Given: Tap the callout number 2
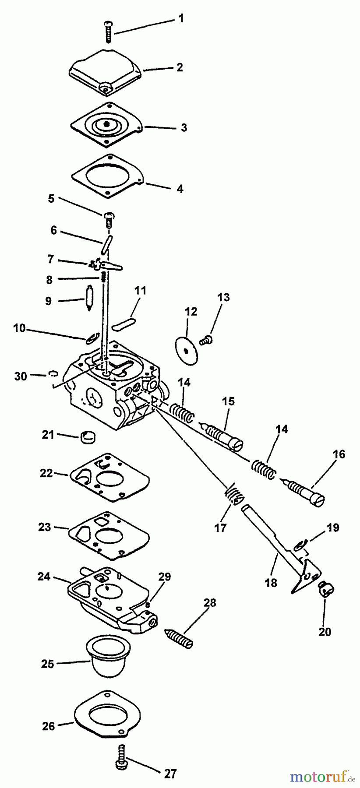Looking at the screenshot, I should tap(180, 67).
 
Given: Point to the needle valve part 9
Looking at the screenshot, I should tap(88, 298).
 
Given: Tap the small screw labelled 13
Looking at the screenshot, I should tap(206, 338).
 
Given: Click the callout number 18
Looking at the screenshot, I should tap(271, 583).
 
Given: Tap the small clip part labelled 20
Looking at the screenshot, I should tap(325, 590).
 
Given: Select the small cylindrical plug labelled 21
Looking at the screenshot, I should tap(88, 436).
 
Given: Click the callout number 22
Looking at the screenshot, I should tap(46, 473).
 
